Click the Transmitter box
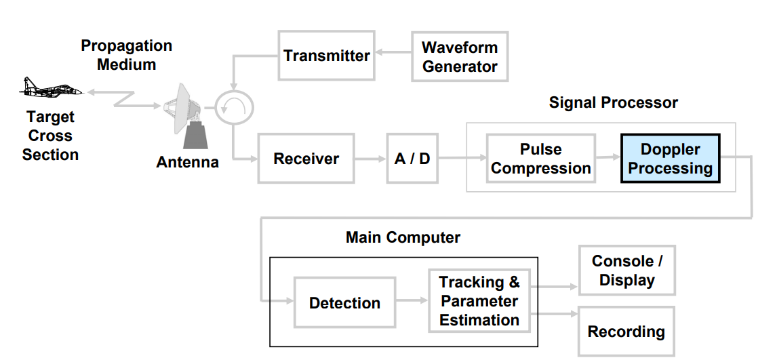pyautogui.click(x=326, y=56)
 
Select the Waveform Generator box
pyautogui.click(x=460, y=57)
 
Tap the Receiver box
pyautogui.click(x=306, y=159)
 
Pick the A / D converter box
pyautogui.click(x=412, y=159)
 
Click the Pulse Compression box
pyautogui.click(x=540, y=159)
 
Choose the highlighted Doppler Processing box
pyautogui.click(x=670, y=159)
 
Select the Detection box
pyautogui.click(x=344, y=302)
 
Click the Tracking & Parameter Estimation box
pyautogui.click(x=479, y=301)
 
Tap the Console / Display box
pyautogui.click(x=626, y=271)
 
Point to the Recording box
pyautogui.click(x=626, y=332)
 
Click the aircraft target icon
pyautogui.click(x=51, y=88)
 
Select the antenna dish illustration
pyautogui.click(x=186, y=112)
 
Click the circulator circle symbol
pyautogui.click(x=234, y=105)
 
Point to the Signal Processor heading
pyautogui.click(x=613, y=103)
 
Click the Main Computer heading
pyautogui.click(x=403, y=238)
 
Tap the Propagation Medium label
pyautogui.click(x=127, y=56)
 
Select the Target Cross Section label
pyautogui.click(x=50, y=136)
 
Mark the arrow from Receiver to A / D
pyautogui.click(x=370, y=159)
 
